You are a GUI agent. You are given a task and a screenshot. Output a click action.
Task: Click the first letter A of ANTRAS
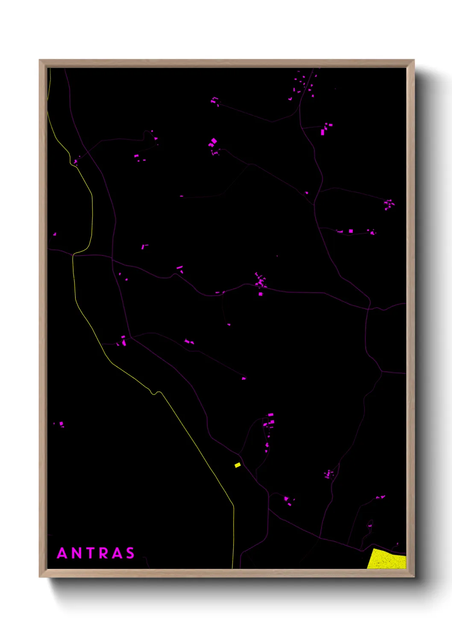coord(62,553)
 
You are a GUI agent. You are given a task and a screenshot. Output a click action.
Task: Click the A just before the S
coord(116,553)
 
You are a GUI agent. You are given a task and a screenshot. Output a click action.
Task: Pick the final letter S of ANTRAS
coord(130,553)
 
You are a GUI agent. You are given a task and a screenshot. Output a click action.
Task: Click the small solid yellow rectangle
coord(238,465)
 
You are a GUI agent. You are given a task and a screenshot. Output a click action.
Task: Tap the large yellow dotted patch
coord(387,560)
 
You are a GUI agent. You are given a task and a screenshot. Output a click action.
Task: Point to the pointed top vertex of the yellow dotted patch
coord(374,549)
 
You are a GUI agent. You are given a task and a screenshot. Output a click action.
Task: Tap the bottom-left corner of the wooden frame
coord(40,577)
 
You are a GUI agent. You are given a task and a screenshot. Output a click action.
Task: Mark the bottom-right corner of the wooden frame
coord(414,577)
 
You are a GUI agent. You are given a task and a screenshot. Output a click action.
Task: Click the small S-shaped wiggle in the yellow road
coord(154,392)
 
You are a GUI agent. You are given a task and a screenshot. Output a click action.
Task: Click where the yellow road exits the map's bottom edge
coord(233,568)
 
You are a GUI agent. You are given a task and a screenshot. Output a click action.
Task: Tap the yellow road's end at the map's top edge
coord(50,69)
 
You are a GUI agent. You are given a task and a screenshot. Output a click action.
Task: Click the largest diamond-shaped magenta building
coord(214,141)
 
